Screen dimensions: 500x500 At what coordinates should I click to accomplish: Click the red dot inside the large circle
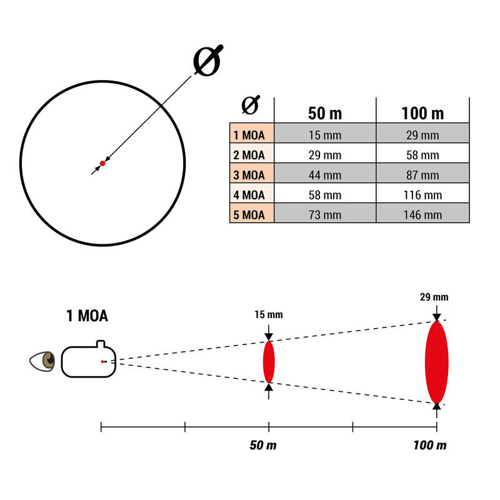point(102,163)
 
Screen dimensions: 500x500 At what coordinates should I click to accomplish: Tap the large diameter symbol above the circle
point(208,61)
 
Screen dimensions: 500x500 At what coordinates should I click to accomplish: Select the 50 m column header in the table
point(325,113)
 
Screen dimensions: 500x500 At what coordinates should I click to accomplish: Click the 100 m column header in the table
point(422,113)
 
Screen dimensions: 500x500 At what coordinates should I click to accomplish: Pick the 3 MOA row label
point(249,175)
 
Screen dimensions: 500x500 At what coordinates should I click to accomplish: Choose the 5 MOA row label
point(249,215)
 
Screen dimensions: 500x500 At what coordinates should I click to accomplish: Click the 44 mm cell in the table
point(325,175)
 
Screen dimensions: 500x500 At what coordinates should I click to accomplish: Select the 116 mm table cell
point(422,195)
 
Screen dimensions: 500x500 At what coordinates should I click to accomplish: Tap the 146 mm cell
point(422,215)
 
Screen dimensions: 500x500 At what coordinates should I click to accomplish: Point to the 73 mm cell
point(325,215)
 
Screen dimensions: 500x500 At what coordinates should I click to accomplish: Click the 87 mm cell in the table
point(422,175)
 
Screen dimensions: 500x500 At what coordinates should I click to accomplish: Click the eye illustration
point(42,361)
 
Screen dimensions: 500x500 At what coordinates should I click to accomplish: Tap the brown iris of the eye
point(49,361)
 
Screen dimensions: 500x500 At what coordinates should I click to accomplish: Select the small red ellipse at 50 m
point(269,362)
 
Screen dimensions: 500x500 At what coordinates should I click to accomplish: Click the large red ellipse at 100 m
point(436,362)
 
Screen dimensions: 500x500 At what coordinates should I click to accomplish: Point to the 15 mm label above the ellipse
point(269,315)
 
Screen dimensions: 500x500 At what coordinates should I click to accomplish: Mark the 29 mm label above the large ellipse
point(434,297)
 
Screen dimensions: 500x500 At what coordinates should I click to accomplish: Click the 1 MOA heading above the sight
point(87,316)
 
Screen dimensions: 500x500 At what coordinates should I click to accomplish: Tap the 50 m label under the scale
point(263,445)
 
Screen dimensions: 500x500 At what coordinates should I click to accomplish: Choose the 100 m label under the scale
point(430,445)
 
